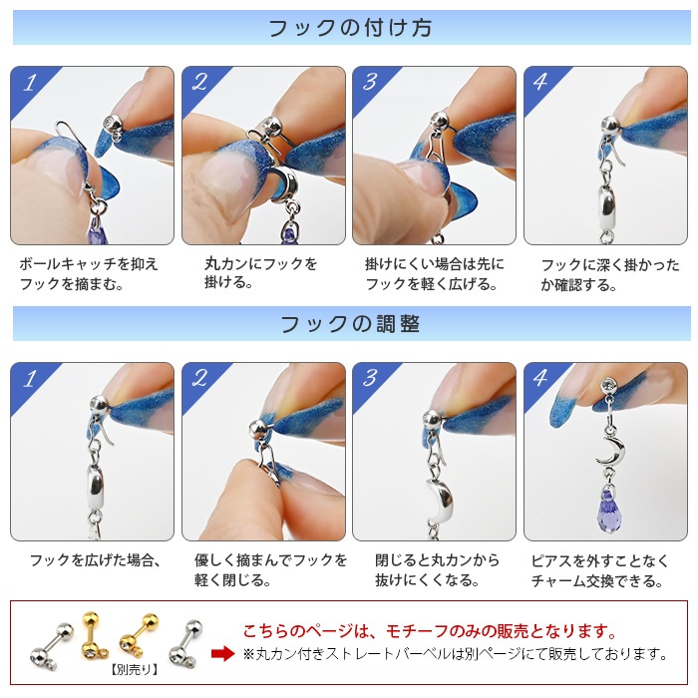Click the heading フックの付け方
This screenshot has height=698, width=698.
(x=350, y=28)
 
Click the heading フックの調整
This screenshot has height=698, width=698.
(x=350, y=324)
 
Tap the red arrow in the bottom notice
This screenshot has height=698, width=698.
(x=222, y=653)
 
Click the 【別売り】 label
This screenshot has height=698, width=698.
(x=134, y=669)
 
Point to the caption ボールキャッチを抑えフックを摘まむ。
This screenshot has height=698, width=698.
(x=88, y=274)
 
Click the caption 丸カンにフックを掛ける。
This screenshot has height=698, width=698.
(x=260, y=273)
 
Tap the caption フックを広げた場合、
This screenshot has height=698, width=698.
(x=95, y=560)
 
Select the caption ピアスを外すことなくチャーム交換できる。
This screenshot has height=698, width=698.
(x=599, y=570)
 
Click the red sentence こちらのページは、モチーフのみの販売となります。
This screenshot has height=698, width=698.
(x=430, y=631)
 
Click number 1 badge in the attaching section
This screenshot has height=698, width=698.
(x=30, y=83)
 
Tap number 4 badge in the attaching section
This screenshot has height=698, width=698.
(x=540, y=82)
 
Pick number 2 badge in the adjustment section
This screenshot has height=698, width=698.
(x=199, y=378)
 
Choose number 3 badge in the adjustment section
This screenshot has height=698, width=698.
(x=370, y=378)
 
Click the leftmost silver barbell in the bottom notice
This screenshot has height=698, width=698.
(x=51, y=644)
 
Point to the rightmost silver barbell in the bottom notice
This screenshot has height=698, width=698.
(x=186, y=644)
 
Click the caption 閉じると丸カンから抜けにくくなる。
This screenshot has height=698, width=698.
(x=437, y=569)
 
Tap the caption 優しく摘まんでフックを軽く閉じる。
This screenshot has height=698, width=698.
(x=270, y=569)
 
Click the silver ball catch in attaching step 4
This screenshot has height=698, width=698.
(x=610, y=125)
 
